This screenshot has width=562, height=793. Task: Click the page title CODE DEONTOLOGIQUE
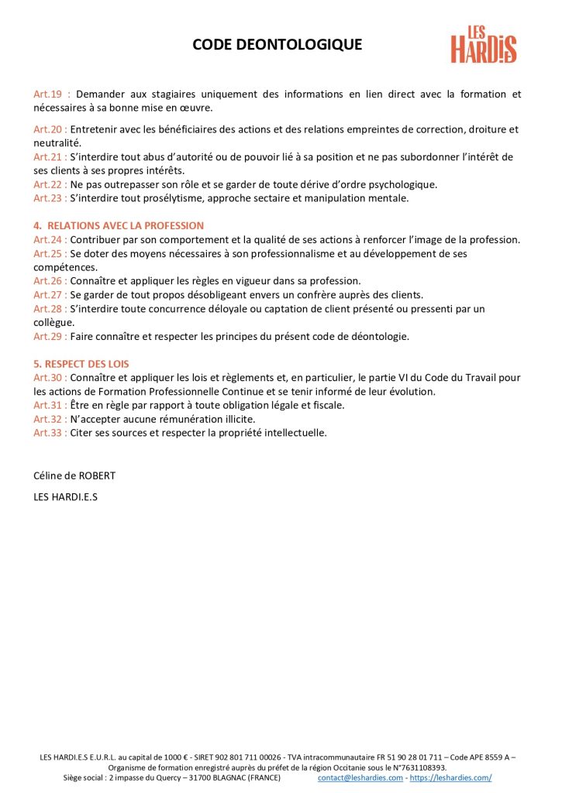(277, 45)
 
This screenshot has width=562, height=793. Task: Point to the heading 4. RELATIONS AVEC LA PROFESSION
(119, 225)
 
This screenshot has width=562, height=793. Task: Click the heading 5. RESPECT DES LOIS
(81, 363)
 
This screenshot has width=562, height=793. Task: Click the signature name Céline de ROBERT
(74, 475)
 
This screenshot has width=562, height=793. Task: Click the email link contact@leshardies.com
(360, 778)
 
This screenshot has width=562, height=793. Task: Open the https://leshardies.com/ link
(450, 778)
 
